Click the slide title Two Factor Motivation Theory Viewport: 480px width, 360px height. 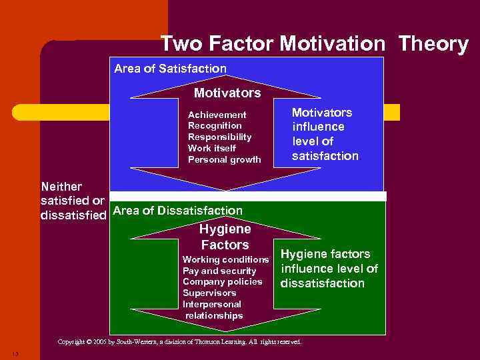pyautogui.click(x=315, y=44)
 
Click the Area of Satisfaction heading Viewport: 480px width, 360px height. pyautogui.click(x=170, y=69)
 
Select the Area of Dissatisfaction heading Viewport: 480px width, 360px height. pyautogui.click(x=178, y=211)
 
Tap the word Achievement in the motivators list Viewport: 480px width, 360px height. pyautogui.click(x=217, y=115)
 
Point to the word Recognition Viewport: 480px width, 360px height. pyautogui.click(x=215, y=125)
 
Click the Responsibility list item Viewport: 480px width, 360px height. pyautogui.click(x=220, y=137)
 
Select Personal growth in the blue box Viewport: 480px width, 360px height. pyautogui.click(x=225, y=159)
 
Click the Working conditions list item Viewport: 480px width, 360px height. pyautogui.click(x=225, y=259)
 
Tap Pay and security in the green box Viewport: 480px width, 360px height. pyautogui.click(x=219, y=271)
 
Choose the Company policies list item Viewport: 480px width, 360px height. pyautogui.click(x=223, y=281)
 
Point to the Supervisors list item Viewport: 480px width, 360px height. pyautogui.click(x=209, y=293)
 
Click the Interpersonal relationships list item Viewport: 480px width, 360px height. pyautogui.click(x=213, y=310)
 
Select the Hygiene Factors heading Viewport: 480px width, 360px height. pyautogui.click(x=224, y=237)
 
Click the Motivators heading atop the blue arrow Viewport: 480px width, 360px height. pyautogui.click(x=227, y=93)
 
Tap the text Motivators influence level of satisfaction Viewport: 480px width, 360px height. pyautogui.click(x=325, y=135)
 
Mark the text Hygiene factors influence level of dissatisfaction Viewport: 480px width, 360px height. pyautogui.click(x=328, y=269)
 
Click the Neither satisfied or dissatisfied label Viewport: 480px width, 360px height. pyautogui.click(x=73, y=200)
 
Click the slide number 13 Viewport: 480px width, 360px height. pyautogui.click(x=15, y=353)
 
